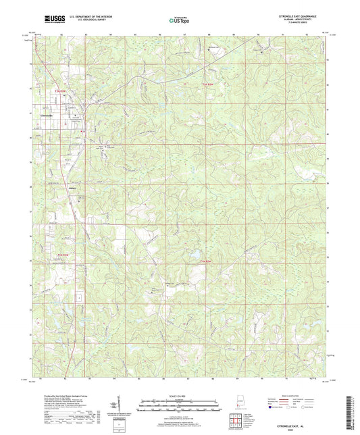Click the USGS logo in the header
[51, 20]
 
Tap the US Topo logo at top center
[179, 20]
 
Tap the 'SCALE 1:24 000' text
[179, 395]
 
